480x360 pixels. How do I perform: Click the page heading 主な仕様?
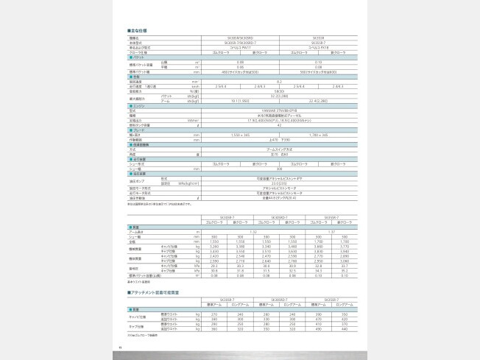138,30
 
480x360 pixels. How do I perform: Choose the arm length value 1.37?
331,232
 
